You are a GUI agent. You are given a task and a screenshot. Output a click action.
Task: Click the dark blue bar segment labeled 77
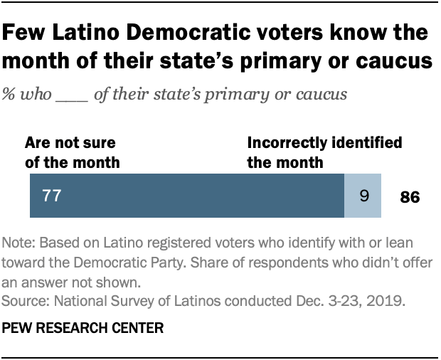point(187,196)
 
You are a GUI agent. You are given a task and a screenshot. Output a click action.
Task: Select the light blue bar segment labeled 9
point(363,196)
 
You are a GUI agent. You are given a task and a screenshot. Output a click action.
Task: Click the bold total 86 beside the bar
point(408,197)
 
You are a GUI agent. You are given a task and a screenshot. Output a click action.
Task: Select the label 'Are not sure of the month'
point(73,152)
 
